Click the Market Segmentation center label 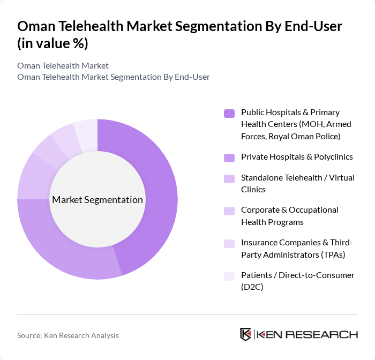coord(97,200)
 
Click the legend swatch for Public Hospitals coord(229,113)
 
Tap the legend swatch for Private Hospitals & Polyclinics coord(229,157)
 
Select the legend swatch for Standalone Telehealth coord(229,178)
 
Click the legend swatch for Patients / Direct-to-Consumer coord(229,276)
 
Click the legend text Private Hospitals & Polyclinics coord(297,157)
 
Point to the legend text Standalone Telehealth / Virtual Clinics coord(297,184)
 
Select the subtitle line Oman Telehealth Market coord(63,65)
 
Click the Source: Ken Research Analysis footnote coord(68,335)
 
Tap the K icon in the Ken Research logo coord(246,334)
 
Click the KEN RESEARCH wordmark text coord(307,334)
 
